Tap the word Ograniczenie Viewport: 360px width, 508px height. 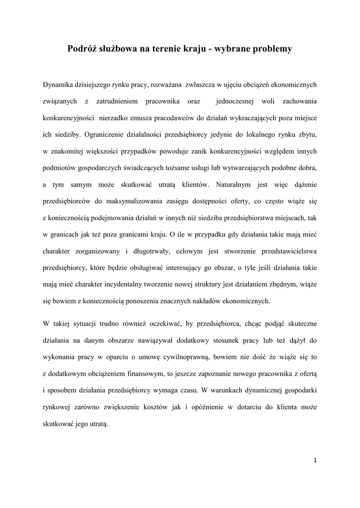(106, 134)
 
